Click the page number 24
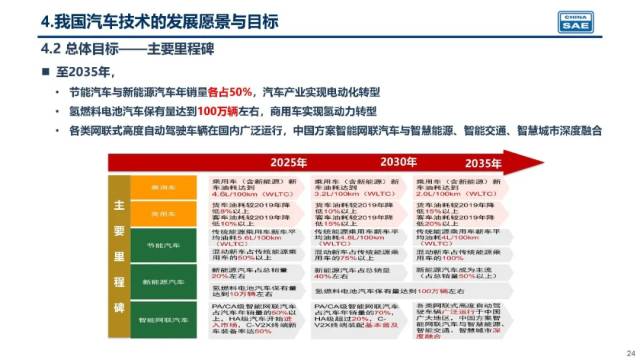tap(629, 350)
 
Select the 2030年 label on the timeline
tap(398, 162)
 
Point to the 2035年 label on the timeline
tap(480, 163)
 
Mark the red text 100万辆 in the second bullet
tap(218, 111)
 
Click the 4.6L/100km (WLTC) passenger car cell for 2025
tap(253, 186)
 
